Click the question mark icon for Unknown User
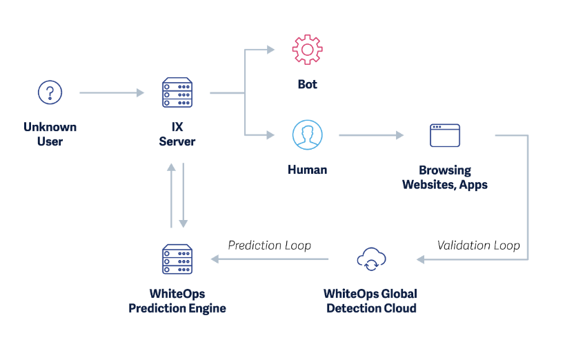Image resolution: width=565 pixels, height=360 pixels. click(50, 92)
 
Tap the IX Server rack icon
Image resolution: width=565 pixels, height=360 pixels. click(177, 93)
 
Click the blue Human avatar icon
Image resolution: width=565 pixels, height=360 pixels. click(307, 134)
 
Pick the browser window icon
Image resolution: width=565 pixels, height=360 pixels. click(444, 135)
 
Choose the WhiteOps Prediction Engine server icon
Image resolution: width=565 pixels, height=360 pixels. click(177, 260)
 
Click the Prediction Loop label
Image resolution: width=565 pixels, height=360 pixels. click(269, 245)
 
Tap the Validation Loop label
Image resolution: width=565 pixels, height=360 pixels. click(478, 245)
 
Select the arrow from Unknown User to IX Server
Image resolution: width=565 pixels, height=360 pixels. click(111, 92)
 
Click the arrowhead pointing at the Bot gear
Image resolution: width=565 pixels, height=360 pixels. click(270, 50)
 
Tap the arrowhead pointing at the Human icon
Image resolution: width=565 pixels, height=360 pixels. click(270, 135)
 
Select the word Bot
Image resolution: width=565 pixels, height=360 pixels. click(307, 84)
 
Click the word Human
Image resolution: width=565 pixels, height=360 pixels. click(307, 169)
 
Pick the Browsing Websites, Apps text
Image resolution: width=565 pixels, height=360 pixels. click(444, 177)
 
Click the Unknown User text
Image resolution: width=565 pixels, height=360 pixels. click(50, 134)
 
